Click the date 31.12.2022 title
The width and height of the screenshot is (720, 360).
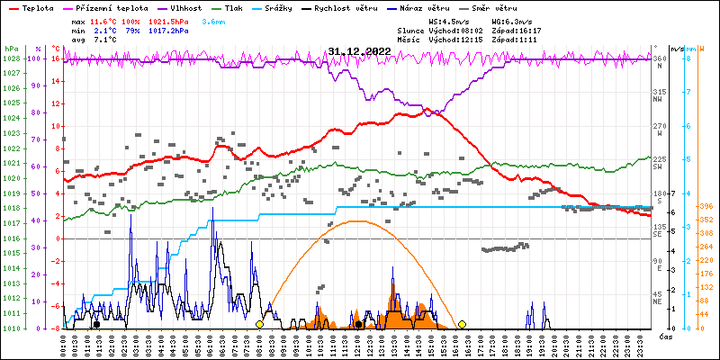(359, 51)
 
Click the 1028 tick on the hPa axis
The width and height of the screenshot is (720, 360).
(11, 58)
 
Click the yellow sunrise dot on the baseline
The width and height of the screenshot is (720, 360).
(259, 324)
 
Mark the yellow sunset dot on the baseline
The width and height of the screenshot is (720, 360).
(462, 324)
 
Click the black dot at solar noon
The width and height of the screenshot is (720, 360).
(358, 324)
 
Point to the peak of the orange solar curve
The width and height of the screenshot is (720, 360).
(358, 220)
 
